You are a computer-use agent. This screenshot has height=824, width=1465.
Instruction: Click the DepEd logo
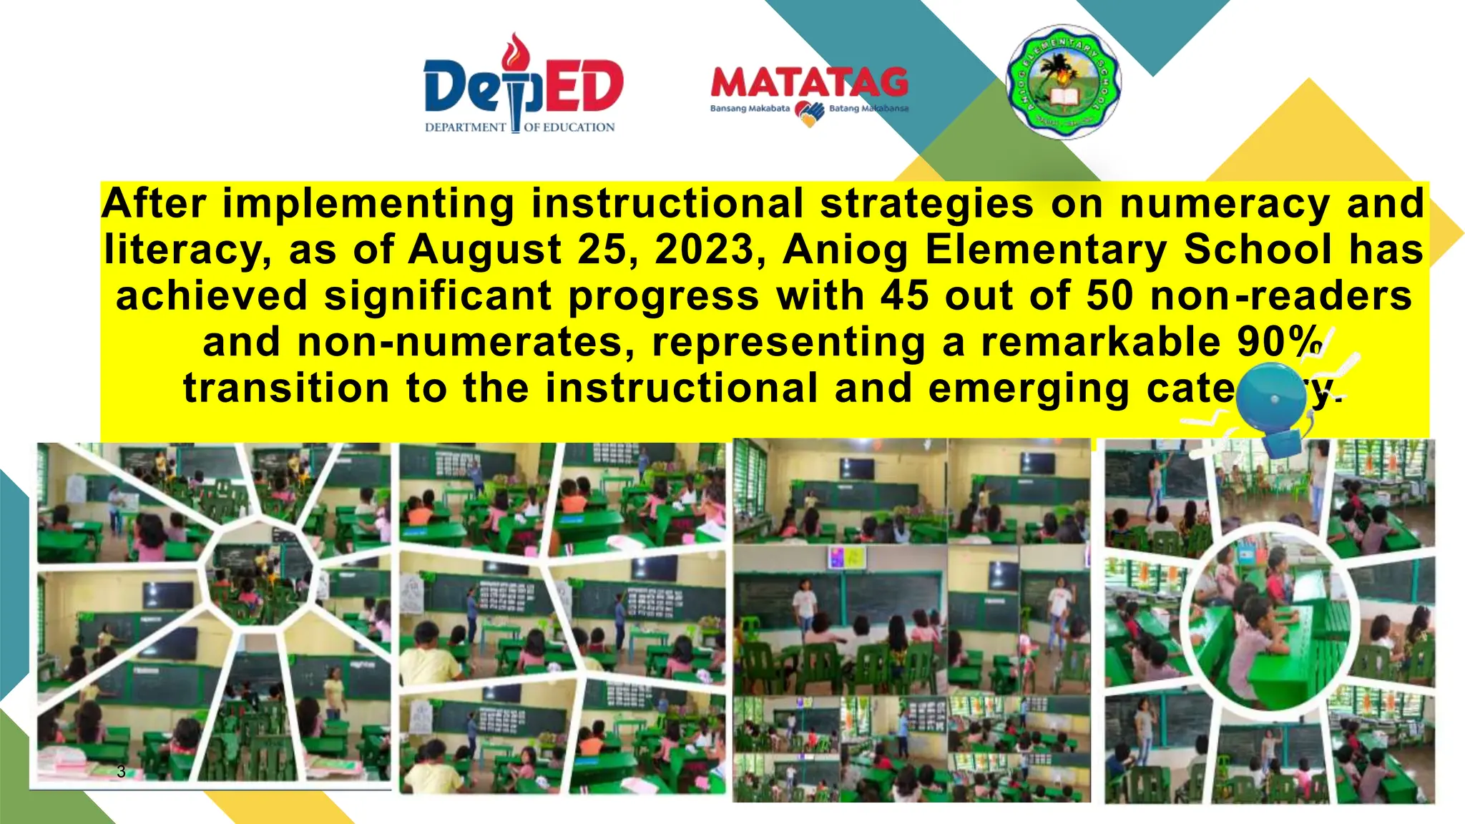click(523, 86)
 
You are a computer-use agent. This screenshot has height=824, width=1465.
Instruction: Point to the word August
click(484, 250)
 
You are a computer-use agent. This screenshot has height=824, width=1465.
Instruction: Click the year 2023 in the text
click(705, 250)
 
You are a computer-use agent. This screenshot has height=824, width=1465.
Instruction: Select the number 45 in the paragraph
click(904, 295)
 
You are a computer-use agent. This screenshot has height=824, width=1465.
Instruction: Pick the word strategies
click(926, 203)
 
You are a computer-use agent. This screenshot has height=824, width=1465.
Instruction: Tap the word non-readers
click(1280, 295)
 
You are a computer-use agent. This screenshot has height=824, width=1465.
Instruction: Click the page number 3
click(121, 771)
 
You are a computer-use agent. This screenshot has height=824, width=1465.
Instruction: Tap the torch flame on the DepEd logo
click(516, 50)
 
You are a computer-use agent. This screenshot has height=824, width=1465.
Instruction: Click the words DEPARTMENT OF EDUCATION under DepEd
click(520, 127)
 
